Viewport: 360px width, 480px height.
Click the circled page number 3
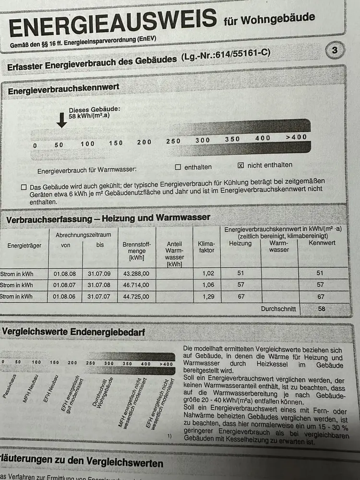click(x=335, y=50)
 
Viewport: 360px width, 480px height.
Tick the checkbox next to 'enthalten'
click(x=178, y=168)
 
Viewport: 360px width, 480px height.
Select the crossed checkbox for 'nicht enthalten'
click(x=241, y=166)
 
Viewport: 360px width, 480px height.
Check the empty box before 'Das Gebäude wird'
click(x=24, y=187)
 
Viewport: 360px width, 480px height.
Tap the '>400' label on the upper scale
click(x=296, y=137)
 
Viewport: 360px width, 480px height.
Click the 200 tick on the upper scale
click(x=144, y=142)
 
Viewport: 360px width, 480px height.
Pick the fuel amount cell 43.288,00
click(x=136, y=274)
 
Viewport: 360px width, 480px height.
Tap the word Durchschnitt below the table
click(x=278, y=309)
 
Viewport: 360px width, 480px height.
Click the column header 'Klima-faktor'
click(x=206, y=247)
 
